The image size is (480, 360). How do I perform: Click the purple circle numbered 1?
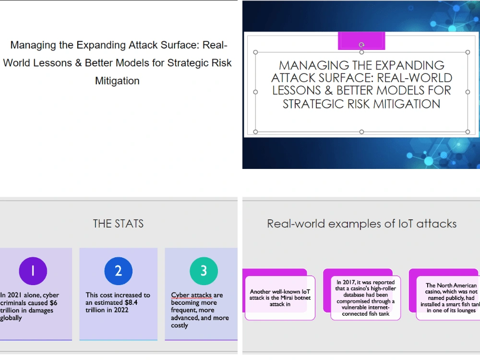(x=33, y=271)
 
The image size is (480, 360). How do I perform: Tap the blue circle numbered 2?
(x=118, y=271)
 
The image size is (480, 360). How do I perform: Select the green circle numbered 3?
(x=204, y=271)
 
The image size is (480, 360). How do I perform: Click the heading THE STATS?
(x=118, y=224)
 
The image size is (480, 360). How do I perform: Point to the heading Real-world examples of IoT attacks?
(x=361, y=224)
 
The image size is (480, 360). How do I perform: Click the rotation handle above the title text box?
(x=361, y=45)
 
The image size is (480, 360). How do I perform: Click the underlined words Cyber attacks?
(x=191, y=295)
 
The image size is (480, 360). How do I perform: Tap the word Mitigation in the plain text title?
(x=117, y=81)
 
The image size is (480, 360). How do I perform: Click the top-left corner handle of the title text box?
(x=255, y=52)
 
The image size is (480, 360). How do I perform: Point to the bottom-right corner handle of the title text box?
(x=468, y=132)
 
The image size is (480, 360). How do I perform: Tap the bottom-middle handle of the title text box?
(x=361, y=132)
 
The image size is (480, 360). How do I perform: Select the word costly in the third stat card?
(x=180, y=325)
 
